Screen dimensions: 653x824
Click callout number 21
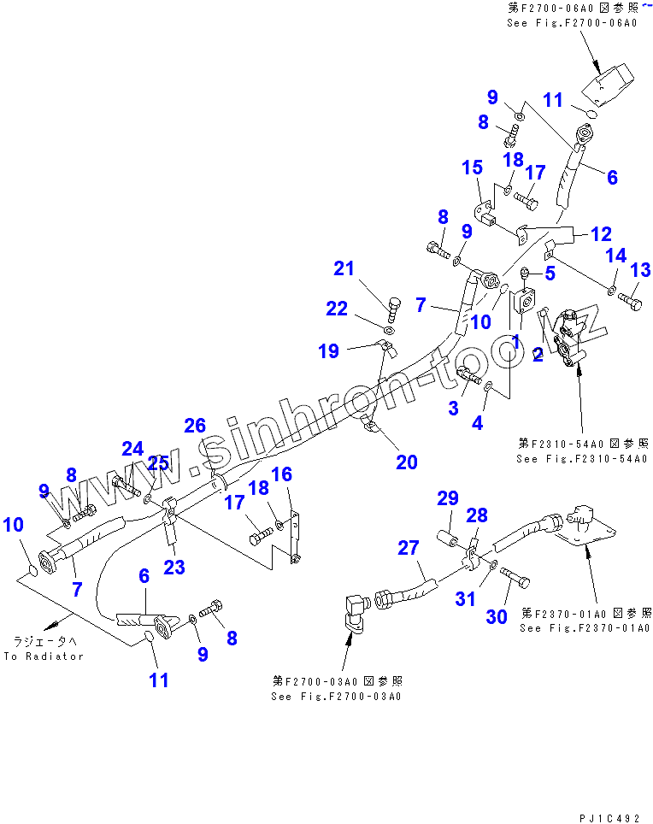[344, 268]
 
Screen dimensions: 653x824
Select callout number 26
[195, 425]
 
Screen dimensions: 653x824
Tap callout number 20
[406, 462]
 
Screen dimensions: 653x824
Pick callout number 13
[639, 270]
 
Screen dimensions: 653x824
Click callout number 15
[473, 168]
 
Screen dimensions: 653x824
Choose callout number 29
[448, 498]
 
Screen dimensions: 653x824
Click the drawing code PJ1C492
[609, 818]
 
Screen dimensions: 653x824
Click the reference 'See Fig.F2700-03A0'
[337, 696]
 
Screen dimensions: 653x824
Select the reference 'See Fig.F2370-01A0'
[587, 628]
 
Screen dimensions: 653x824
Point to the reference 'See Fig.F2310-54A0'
[582, 459]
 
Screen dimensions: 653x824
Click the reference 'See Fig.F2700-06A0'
[572, 23]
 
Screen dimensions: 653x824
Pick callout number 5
[550, 274]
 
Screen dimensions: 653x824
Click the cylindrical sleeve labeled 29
[450, 539]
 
